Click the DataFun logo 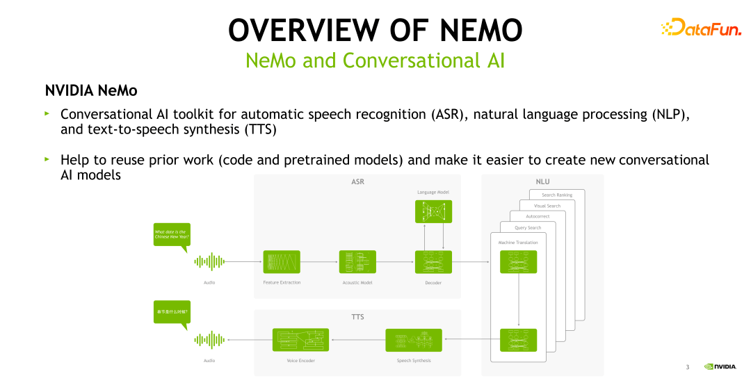click(x=701, y=28)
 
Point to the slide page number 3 click(x=687, y=366)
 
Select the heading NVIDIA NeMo click(x=91, y=90)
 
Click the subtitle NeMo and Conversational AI click(x=375, y=60)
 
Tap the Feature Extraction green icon click(x=282, y=262)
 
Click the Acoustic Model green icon click(x=357, y=262)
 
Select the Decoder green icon click(x=433, y=262)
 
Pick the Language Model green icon click(x=433, y=211)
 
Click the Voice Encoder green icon click(x=300, y=340)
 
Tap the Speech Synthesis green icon click(x=414, y=340)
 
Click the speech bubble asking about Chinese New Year click(x=171, y=234)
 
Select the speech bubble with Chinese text click(x=171, y=312)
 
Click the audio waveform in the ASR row click(x=209, y=262)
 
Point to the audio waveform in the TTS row click(x=209, y=340)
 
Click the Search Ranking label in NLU click(x=557, y=195)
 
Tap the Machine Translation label click(x=518, y=243)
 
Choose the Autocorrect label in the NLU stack click(x=538, y=217)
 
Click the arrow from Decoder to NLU click(x=471, y=262)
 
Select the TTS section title click(x=357, y=317)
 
